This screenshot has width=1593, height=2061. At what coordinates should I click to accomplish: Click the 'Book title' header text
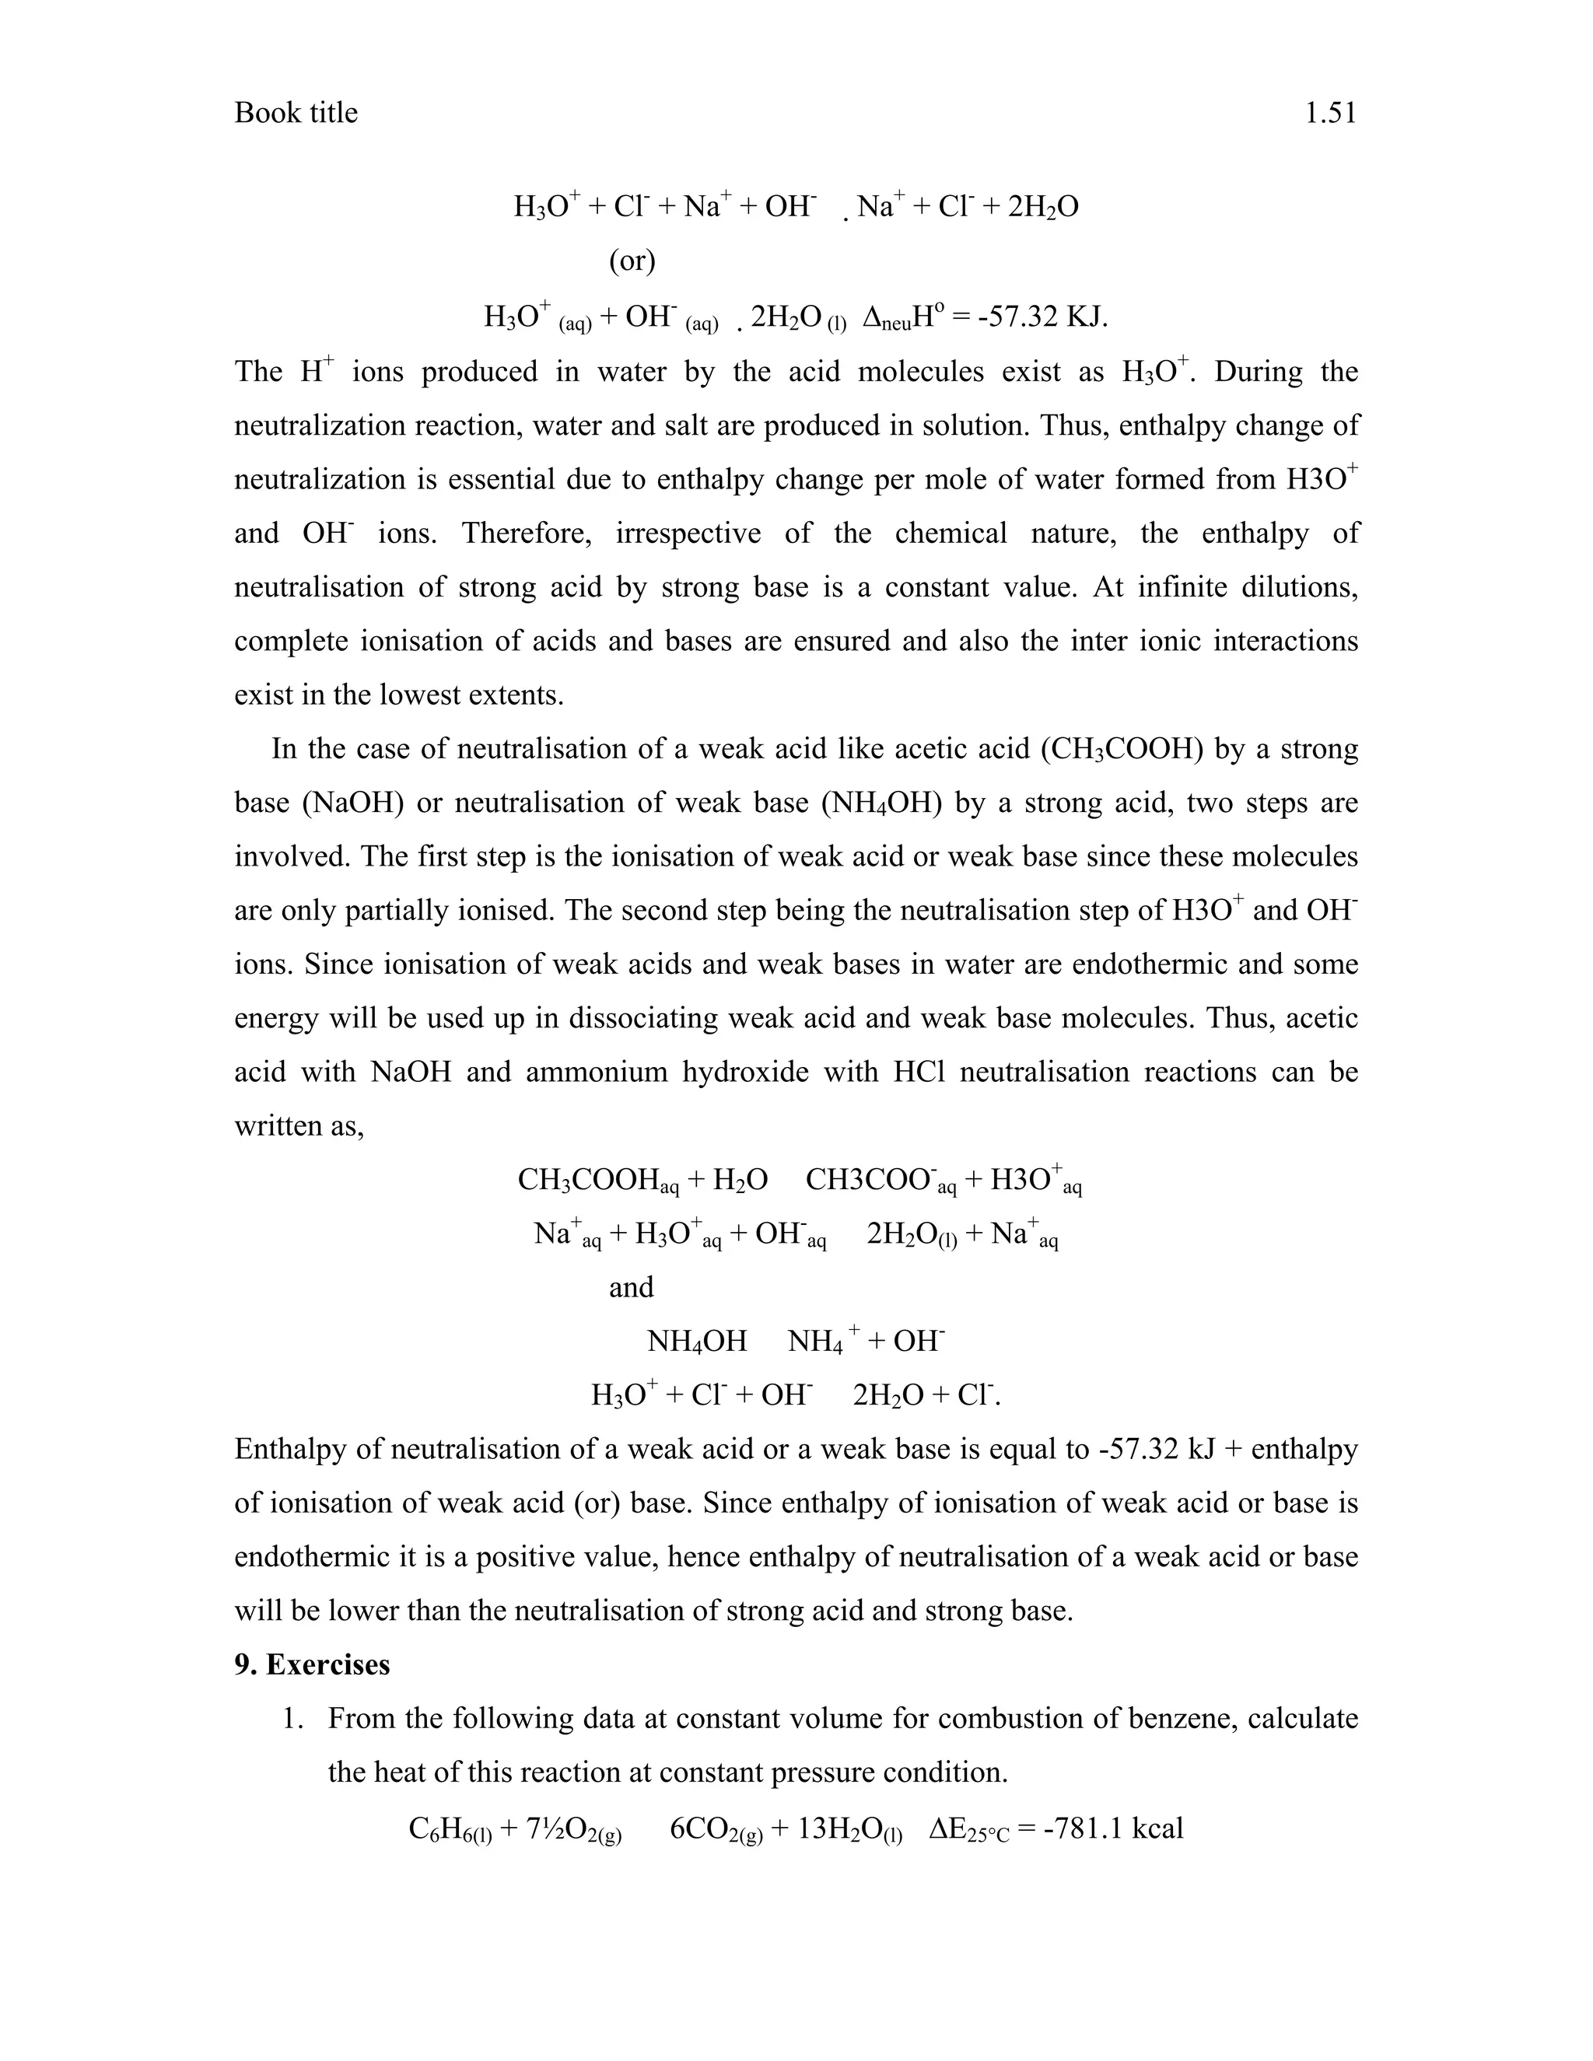pyautogui.click(x=296, y=114)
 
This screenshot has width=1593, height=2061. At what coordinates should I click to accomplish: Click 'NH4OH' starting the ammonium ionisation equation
pyautogui.click(x=696, y=1342)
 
